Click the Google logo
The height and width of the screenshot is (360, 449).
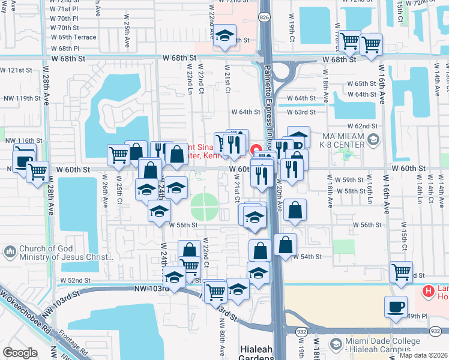pos(20,353)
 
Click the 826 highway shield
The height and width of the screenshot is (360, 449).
pos(265,19)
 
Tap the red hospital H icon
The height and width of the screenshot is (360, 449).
pos(428,292)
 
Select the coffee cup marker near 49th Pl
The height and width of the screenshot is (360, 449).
pos(396,307)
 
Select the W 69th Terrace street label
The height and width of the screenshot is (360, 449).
pos(73,37)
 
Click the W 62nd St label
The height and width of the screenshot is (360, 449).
pos(366,126)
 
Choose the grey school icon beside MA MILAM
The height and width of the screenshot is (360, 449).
pos(373,140)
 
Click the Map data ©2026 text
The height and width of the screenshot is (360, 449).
pos(423,355)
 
